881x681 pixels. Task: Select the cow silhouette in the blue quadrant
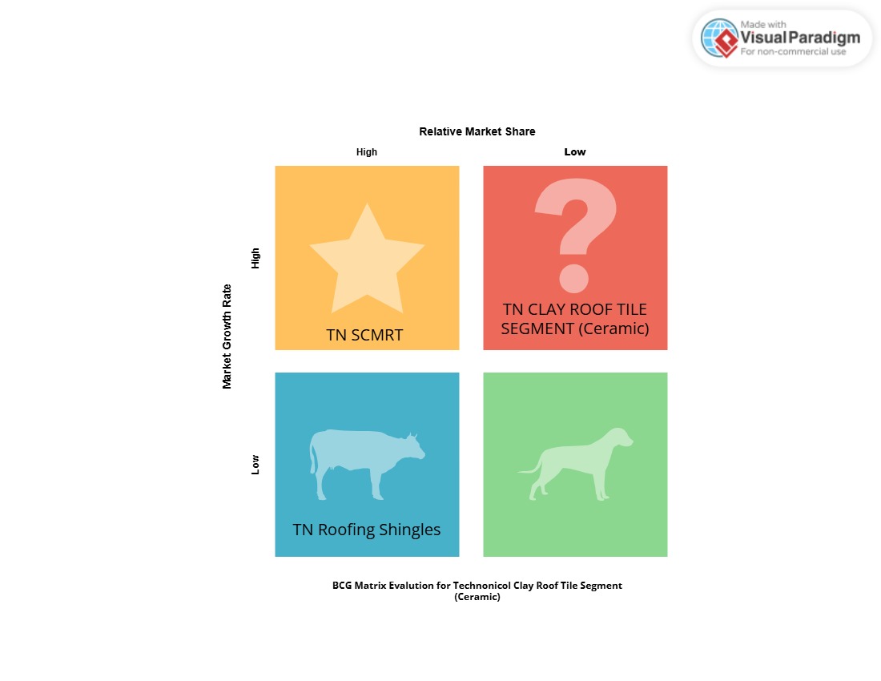tap(367, 464)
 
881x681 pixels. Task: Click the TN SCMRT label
tap(364, 335)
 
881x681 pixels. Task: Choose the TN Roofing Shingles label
tap(366, 530)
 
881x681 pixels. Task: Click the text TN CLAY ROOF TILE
tap(575, 309)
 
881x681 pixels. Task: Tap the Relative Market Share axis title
tap(477, 131)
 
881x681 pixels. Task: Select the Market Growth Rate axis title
tap(227, 336)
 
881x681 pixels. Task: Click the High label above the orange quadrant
tap(366, 151)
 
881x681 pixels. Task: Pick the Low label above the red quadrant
tap(575, 151)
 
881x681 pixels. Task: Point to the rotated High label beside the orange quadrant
tap(255, 259)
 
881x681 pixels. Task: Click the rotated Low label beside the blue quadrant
tap(255, 465)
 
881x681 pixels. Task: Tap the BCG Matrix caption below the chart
tap(477, 590)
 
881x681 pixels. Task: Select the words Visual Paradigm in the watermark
tap(800, 38)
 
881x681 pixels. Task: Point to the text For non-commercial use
tap(793, 52)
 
